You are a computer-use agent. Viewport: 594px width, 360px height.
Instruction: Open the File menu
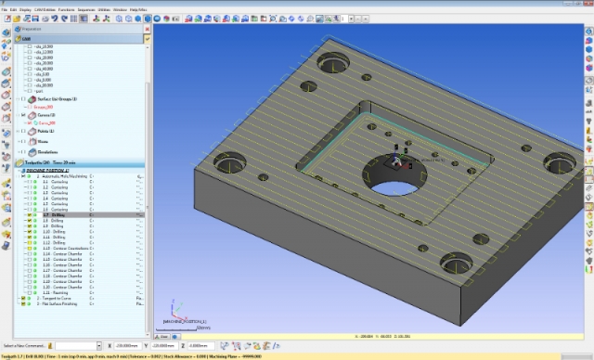5,9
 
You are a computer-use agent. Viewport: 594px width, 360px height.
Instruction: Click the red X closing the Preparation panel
147,29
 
